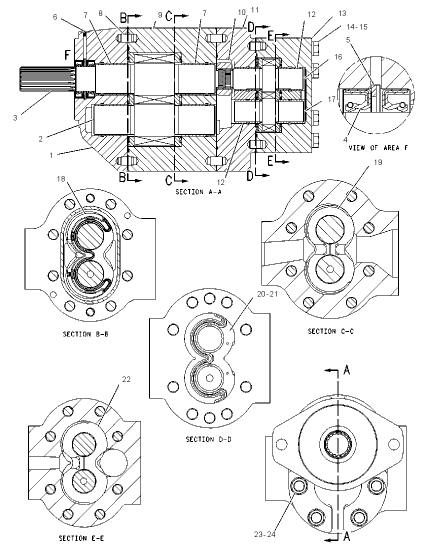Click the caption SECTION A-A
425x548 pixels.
[198, 191]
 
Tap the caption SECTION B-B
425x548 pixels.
[85, 334]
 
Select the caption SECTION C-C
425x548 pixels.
[330, 331]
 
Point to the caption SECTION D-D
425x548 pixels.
[208, 439]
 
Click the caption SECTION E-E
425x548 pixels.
[81, 538]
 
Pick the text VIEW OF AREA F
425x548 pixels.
[378, 148]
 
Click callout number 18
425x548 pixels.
[61, 179]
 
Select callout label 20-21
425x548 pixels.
[267, 294]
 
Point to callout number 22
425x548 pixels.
[126, 379]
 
